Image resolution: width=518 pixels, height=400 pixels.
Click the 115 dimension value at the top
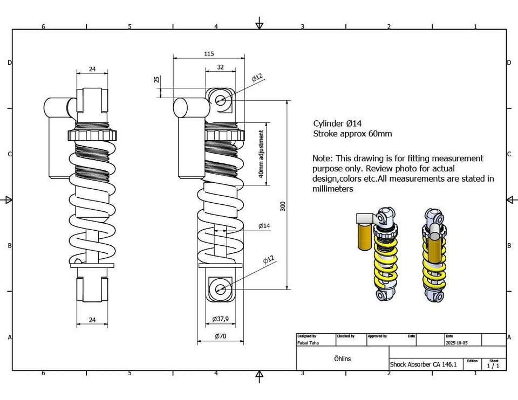point(209,53)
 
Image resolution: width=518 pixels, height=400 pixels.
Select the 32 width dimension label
point(220,67)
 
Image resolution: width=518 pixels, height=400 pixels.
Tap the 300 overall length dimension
point(282,206)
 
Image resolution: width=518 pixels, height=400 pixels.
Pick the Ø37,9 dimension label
point(220,319)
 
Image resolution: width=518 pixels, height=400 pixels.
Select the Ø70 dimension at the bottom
point(220,336)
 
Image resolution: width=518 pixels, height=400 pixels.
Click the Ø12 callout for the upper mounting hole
point(257,77)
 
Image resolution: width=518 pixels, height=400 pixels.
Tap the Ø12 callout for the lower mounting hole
point(268,260)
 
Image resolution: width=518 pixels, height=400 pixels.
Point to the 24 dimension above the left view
point(92,69)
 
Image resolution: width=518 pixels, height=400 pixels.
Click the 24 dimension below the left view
point(92,320)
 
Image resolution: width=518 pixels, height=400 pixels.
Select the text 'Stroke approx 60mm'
point(352,134)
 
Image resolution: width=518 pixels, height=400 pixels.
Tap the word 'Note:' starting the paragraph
point(323,158)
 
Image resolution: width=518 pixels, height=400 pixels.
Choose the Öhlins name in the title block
point(342,358)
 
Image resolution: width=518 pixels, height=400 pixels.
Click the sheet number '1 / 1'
point(493,365)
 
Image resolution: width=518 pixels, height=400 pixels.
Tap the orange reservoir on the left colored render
point(365,236)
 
